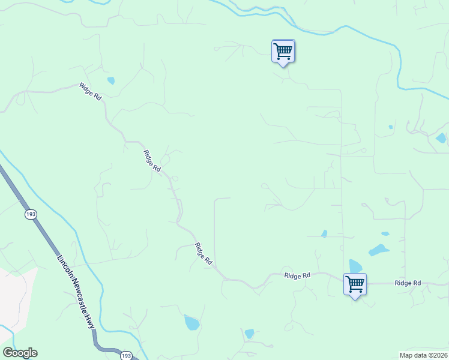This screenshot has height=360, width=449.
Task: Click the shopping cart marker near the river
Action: coord(283,50)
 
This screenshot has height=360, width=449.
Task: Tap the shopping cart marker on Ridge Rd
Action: coord(355,284)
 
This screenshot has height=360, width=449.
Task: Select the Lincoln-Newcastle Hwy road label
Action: coord(76,292)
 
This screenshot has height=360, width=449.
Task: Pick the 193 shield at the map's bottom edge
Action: coord(126,355)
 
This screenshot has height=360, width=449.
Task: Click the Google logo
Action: coord(20,353)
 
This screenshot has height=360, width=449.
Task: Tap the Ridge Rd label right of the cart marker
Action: coord(408,283)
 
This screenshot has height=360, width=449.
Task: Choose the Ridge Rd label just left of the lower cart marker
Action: coord(297,275)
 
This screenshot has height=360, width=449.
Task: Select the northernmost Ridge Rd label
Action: coord(90,91)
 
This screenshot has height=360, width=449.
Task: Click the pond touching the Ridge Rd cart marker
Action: coord(355,266)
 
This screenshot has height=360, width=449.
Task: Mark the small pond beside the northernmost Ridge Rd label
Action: coord(110,80)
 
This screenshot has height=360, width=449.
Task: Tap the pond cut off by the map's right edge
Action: coord(442,138)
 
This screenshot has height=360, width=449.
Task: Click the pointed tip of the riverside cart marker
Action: coord(283,65)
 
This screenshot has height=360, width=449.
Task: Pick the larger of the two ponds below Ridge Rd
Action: coord(191,323)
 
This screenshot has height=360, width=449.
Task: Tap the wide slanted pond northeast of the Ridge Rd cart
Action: coord(378,250)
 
